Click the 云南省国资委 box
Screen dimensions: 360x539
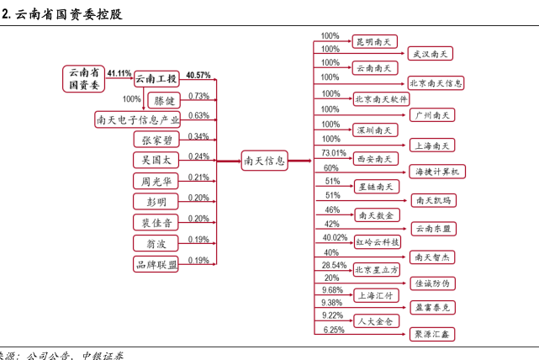84,78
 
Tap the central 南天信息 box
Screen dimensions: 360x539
264,160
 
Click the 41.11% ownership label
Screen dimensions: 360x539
119,74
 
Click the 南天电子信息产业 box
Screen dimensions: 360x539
138,119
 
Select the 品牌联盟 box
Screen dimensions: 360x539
156,265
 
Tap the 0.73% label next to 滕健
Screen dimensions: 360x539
198,96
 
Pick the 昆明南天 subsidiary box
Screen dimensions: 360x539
374,41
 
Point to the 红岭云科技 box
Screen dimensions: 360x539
377,242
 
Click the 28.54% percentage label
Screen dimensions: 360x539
334,265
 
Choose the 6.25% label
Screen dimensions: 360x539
333,330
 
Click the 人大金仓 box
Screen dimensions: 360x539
375,320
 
